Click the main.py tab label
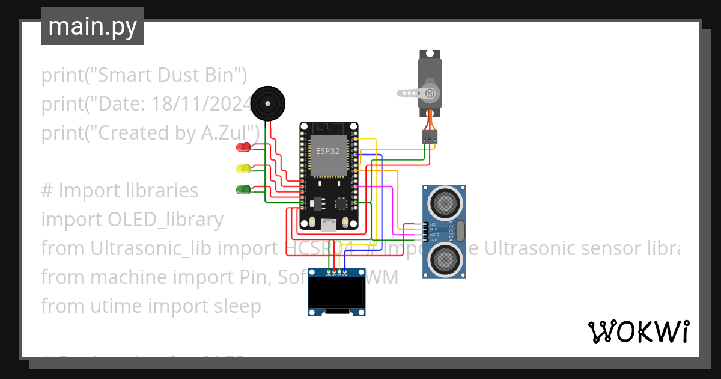tap(92, 27)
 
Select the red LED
tap(244, 147)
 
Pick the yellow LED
tap(244, 168)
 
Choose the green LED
tap(244, 189)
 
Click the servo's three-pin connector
tap(429, 137)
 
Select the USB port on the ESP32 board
tap(329, 224)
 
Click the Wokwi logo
tap(638, 331)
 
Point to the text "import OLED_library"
tap(132, 220)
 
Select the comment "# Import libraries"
tap(120, 191)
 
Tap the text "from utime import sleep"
tap(151, 306)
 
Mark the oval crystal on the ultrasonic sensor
tap(460, 230)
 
